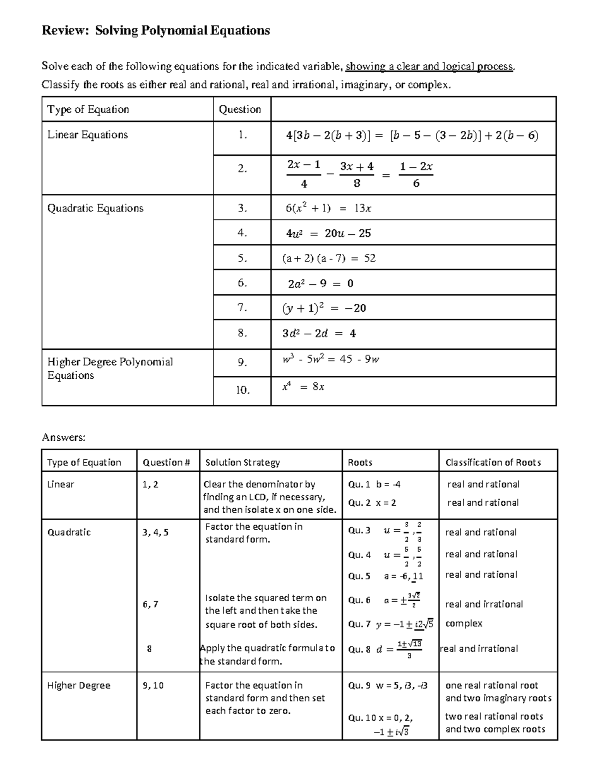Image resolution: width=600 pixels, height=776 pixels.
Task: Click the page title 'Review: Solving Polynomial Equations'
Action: point(155,31)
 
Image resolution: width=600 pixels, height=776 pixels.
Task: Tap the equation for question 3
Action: point(328,208)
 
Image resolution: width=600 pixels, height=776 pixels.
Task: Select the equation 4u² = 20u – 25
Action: point(328,233)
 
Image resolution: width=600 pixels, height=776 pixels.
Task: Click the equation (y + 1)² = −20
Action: point(324,308)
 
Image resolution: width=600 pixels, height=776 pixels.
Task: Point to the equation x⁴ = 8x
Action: point(303,387)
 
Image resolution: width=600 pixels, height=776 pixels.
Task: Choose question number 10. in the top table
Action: point(242,390)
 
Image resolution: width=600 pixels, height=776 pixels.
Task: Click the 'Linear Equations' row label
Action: point(87,135)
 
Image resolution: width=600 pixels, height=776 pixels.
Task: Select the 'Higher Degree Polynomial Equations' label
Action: point(110,368)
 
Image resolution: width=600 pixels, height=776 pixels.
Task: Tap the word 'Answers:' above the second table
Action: point(63,438)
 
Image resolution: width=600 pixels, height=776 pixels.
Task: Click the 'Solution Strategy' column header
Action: point(242,462)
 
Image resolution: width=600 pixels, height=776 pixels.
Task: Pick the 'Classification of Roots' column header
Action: point(493,462)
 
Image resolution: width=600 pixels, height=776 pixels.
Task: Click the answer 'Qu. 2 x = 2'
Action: point(372,503)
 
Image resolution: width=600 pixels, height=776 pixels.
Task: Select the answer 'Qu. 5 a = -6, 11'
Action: point(385,576)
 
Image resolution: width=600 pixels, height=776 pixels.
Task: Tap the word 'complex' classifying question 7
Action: point(463,623)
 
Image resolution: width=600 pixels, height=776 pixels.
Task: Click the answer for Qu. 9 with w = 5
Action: point(387,686)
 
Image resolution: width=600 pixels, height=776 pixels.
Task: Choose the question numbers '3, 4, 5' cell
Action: point(155,532)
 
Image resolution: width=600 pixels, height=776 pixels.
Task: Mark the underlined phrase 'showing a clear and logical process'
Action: point(429,66)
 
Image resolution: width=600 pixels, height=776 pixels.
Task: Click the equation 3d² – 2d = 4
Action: point(319,333)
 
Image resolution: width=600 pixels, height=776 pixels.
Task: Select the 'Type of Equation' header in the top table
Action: point(88,109)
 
